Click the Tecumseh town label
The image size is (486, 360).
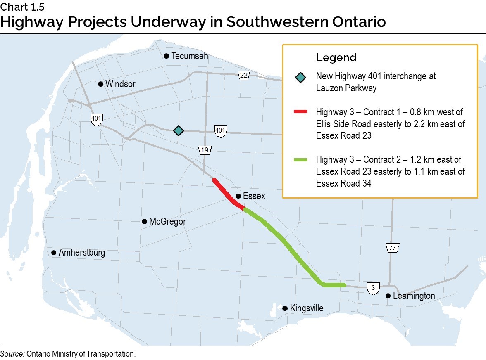190,56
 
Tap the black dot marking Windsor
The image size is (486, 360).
100,84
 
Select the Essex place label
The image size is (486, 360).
254,196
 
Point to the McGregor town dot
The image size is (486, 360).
144,222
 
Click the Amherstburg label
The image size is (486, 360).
82,252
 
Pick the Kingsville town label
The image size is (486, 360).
307,308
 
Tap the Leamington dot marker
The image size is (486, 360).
388,296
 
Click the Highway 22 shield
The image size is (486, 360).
243,75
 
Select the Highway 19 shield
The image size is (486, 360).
205,150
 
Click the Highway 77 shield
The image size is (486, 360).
392,248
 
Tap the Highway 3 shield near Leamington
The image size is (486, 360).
373,288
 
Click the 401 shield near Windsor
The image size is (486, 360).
96,118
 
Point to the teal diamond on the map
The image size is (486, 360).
178,130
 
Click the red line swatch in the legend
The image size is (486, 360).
300,111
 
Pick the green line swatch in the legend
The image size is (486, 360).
300,159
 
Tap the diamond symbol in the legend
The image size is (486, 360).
300,77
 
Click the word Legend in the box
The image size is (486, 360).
336,57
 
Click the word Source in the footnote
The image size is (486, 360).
12,354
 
